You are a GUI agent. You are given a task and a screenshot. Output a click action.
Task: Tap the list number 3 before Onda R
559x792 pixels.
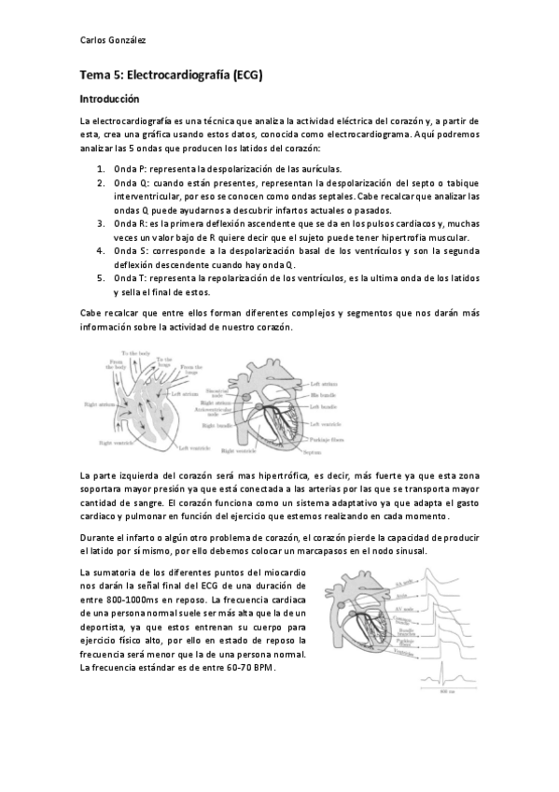101,224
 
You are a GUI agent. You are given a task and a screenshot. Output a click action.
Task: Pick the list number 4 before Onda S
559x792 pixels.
101,251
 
